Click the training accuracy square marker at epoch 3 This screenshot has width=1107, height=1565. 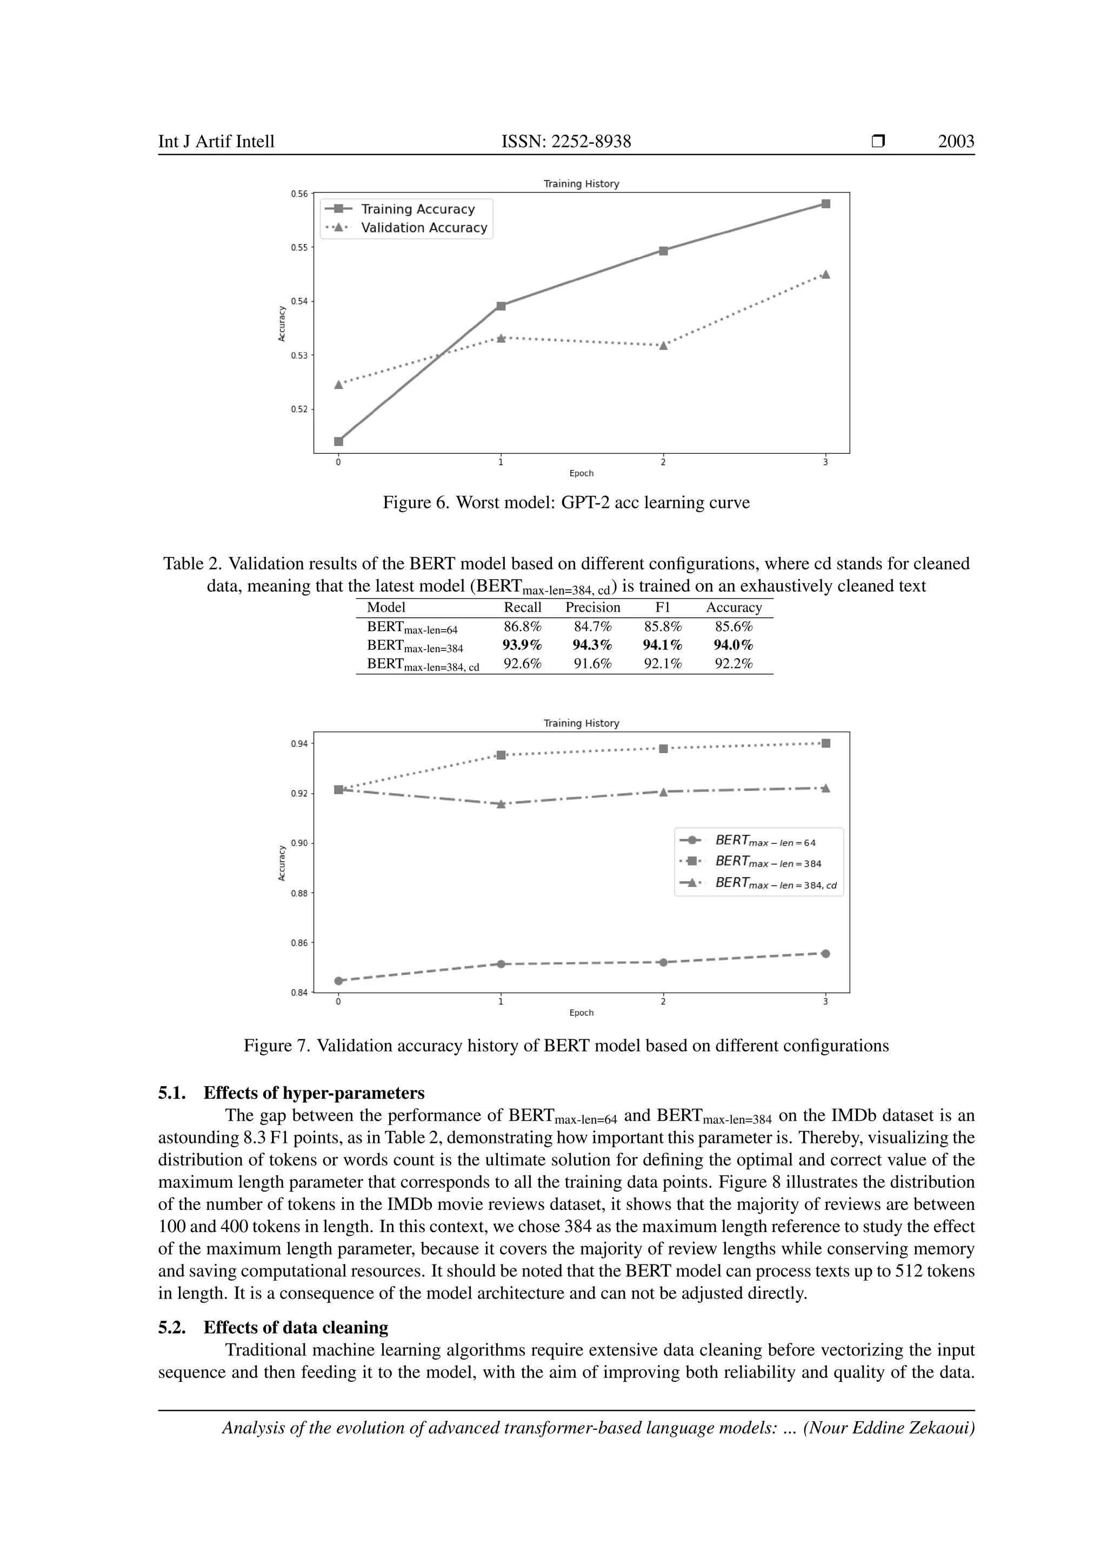(825, 204)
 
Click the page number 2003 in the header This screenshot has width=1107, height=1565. (956, 142)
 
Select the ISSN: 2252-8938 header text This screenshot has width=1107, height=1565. (566, 142)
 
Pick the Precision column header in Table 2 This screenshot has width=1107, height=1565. (592, 607)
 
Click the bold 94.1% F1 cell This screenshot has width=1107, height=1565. (662, 645)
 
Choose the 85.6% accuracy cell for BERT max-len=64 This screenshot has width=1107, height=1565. (733, 626)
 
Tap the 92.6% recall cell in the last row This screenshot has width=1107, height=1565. (522, 663)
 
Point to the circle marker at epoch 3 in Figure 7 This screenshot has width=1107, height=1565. (825, 954)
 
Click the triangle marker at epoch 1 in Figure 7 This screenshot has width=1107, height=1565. (501, 804)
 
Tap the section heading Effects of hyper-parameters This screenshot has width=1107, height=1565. (314, 1093)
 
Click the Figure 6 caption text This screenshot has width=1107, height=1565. (566, 503)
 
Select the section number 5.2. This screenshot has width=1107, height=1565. (172, 1328)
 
